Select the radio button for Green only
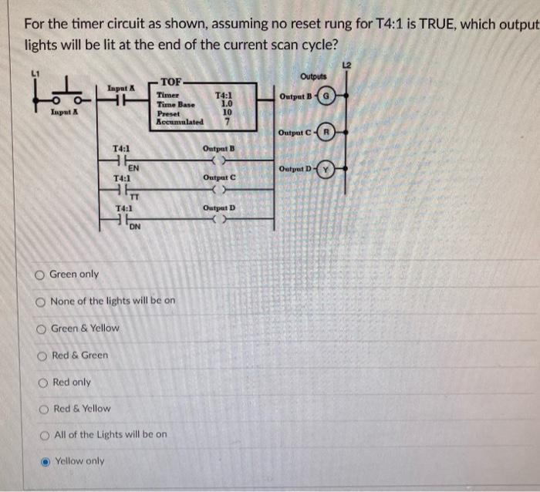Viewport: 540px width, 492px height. point(39,275)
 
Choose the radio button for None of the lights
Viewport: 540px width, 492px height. point(39,301)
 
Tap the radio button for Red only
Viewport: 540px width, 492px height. point(42,382)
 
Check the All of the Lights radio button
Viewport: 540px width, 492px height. point(44,435)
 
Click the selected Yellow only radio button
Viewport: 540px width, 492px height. point(45,461)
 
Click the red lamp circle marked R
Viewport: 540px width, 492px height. point(327,133)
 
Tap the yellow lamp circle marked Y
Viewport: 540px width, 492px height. point(327,169)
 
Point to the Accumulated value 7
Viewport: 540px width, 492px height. point(227,121)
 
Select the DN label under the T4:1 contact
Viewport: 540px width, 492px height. point(134,227)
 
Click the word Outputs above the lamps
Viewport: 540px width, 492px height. point(313,76)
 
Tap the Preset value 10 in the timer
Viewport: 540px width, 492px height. point(227,112)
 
